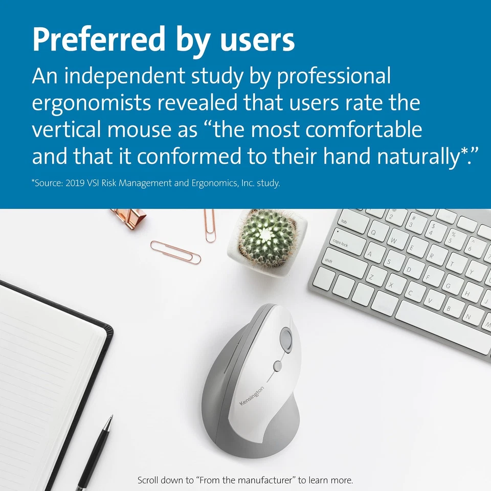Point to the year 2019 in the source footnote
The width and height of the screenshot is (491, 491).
click(74, 183)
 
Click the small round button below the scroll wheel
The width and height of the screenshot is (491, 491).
click(278, 366)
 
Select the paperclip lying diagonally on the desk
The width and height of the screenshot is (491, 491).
click(175, 252)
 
